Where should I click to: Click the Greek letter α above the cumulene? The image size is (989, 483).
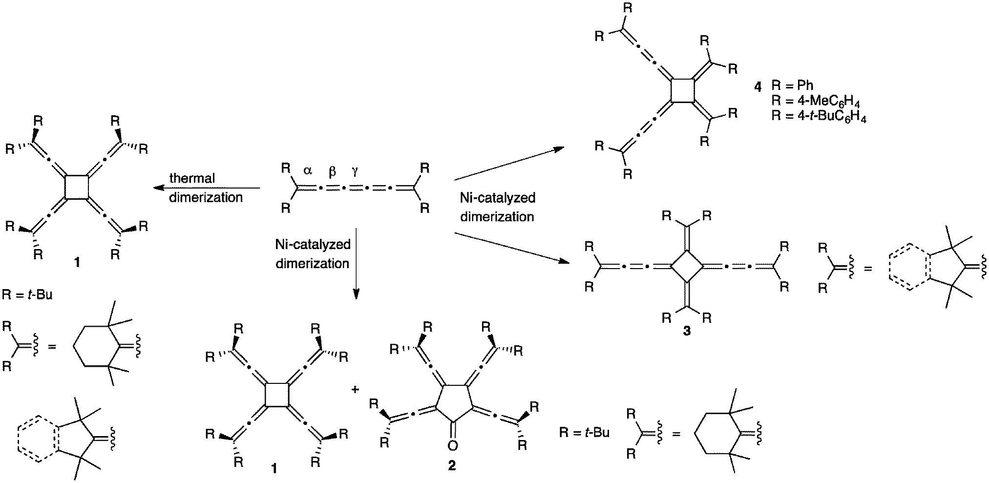click(307, 170)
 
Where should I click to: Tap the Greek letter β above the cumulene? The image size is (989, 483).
click(332, 171)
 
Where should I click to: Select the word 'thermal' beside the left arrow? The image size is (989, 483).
click(192, 178)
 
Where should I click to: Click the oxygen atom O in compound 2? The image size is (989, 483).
click(453, 445)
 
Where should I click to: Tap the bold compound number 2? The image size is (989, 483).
click(452, 466)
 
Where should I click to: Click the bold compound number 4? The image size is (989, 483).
click(757, 88)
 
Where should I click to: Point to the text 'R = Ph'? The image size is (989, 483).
click(793, 85)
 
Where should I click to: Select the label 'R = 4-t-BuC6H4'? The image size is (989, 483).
click(819, 118)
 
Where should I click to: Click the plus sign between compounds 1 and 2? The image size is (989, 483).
click(356, 389)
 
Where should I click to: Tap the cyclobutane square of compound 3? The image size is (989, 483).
click(687, 266)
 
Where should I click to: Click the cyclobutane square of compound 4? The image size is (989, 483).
click(683, 90)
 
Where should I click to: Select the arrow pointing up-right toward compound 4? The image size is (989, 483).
click(508, 163)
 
